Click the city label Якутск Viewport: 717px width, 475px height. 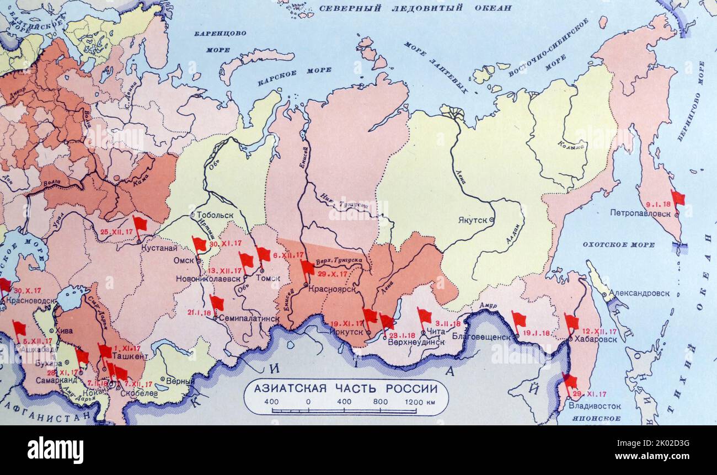[x=472, y=220]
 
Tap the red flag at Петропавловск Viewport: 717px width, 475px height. [x=677, y=198]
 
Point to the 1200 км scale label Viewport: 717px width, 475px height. [x=420, y=402]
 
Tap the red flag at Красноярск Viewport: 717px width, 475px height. [x=307, y=268]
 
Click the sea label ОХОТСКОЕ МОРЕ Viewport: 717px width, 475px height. [x=619, y=244]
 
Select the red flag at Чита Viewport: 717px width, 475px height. [x=424, y=316]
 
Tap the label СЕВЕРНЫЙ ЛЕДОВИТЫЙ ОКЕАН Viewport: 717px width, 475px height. [x=415, y=8]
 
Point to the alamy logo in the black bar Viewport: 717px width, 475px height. [x=55, y=450]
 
